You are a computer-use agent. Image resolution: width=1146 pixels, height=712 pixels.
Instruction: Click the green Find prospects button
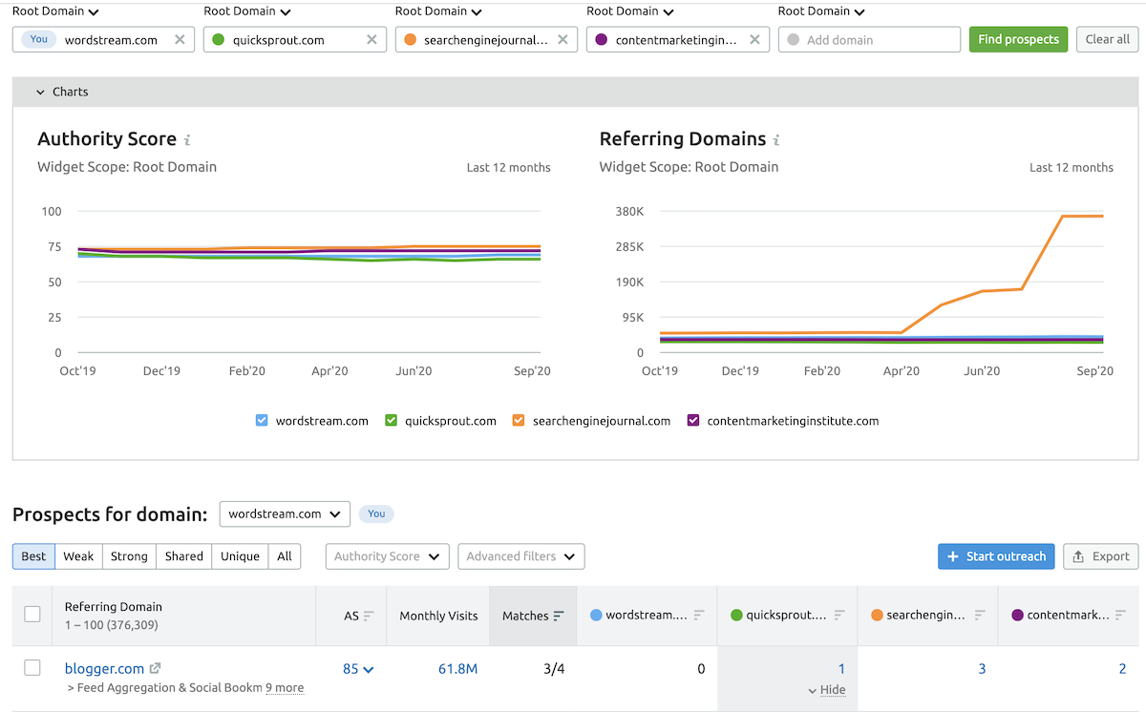click(x=1018, y=39)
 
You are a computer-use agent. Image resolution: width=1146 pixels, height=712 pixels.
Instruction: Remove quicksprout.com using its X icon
click(x=371, y=40)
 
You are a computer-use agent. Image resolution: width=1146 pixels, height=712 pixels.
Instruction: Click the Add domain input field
click(x=869, y=40)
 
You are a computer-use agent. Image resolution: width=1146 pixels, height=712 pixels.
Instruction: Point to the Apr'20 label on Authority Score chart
click(x=329, y=371)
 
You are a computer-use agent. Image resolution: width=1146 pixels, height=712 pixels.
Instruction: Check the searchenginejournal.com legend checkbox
click(x=520, y=421)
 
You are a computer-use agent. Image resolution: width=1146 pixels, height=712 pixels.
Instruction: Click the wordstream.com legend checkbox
click(x=263, y=421)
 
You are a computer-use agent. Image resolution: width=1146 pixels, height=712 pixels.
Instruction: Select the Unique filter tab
click(x=240, y=556)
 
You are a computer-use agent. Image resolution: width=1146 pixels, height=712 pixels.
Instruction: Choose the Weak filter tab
click(x=78, y=556)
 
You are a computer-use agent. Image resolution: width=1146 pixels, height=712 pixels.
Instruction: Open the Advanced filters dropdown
click(x=520, y=556)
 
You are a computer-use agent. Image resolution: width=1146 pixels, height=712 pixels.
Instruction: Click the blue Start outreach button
click(x=996, y=556)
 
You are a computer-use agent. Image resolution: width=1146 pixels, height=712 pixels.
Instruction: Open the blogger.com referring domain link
click(x=104, y=669)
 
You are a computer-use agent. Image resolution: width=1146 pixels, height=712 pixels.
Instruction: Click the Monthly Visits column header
click(x=438, y=616)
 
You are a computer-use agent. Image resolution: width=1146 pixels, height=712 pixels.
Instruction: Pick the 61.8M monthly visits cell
click(x=457, y=669)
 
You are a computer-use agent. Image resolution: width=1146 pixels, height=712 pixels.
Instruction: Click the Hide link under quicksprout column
click(x=827, y=690)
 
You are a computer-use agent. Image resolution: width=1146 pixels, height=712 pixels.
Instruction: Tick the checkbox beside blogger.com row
click(x=32, y=668)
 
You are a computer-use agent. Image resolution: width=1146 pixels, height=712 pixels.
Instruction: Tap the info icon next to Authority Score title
click(x=187, y=140)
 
